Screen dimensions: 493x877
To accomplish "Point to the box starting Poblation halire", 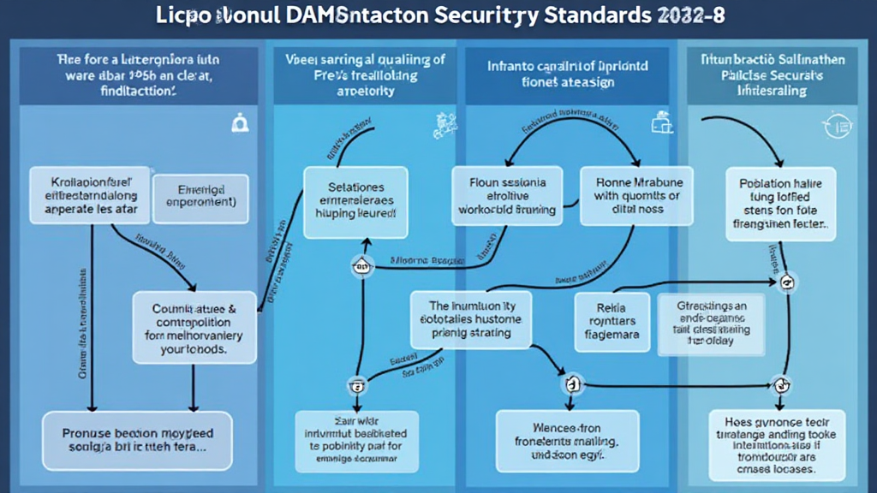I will (780, 203).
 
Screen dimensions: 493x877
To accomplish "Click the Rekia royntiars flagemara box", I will (612, 323).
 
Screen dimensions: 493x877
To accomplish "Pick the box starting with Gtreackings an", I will (713, 323).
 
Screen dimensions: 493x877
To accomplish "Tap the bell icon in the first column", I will (238, 125).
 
